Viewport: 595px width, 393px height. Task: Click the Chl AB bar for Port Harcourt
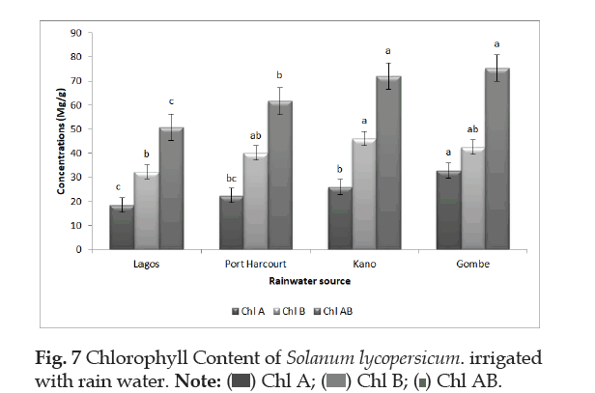point(279,175)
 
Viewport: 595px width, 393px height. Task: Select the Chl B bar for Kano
point(364,194)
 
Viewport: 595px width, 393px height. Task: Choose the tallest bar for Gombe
point(496,158)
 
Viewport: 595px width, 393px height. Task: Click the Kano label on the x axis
point(364,264)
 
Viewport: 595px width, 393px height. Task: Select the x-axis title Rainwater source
point(309,281)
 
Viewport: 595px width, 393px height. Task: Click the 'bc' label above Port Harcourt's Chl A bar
point(231,179)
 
